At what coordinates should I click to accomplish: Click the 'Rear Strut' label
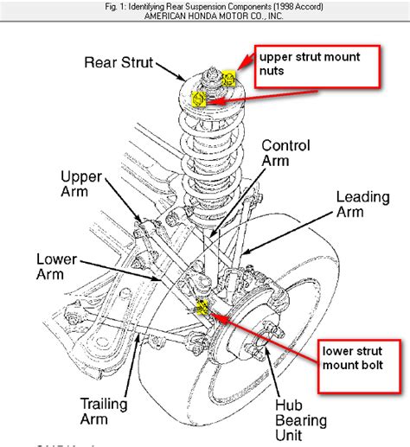click(119, 62)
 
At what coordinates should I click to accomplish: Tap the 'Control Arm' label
click(285, 153)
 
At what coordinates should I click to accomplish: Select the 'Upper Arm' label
click(81, 184)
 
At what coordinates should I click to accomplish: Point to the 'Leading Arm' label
click(363, 204)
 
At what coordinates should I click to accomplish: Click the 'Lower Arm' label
click(56, 266)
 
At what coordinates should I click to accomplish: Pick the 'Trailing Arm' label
click(104, 412)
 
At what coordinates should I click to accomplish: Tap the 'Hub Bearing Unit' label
click(301, 420)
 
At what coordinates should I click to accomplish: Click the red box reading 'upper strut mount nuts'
click(317, 67)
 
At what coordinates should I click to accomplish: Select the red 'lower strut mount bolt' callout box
click(359, 366)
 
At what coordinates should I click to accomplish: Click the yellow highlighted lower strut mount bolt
click(202, 307)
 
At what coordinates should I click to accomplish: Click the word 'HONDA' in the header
click(202, 16)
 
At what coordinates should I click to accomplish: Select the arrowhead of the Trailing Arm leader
click(138, 339)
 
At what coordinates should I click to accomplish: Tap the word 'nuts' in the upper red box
click(272, 71)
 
